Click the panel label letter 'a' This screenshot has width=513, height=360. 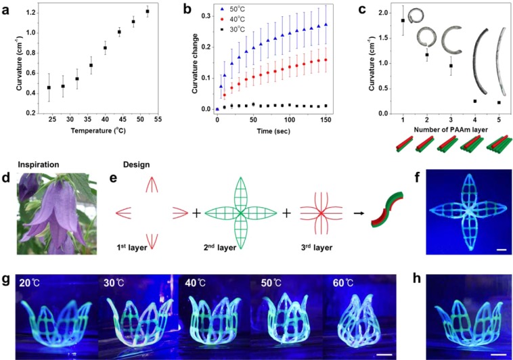tap(9, 8)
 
